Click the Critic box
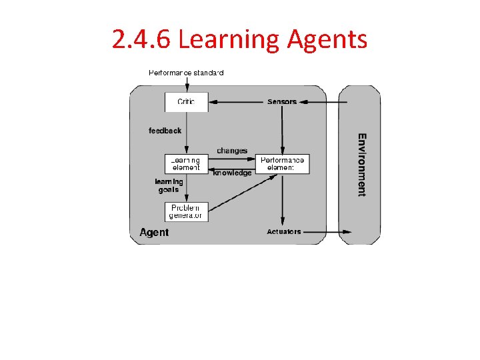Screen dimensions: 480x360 pos(186,101)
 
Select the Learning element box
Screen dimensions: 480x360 pos(186,163)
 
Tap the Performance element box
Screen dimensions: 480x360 pos(282,163)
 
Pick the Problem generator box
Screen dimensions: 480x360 pos(186,211)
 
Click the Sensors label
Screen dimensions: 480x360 pos(282,102)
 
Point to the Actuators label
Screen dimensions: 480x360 pos(283,232)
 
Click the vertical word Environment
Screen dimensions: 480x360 pos(361,165)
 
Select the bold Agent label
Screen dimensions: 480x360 pos(154,233)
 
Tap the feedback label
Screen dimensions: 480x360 pos(165,131)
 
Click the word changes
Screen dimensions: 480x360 pos(232,151)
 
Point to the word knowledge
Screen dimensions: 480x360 pos(232,173)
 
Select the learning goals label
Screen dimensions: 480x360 pos(169,185)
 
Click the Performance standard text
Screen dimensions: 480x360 pos(186,72)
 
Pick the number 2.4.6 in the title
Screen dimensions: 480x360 pos(142,40)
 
